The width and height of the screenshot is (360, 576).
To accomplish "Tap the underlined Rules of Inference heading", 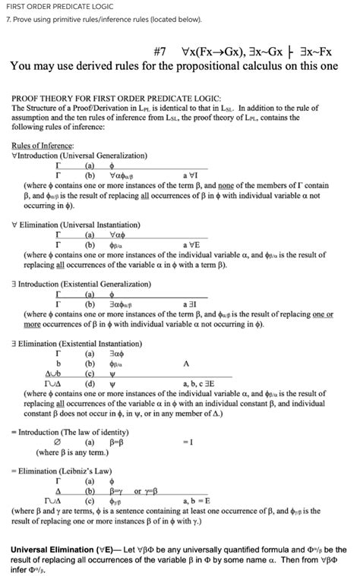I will [43, 145].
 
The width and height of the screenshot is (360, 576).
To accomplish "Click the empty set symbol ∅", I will [58, 442].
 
